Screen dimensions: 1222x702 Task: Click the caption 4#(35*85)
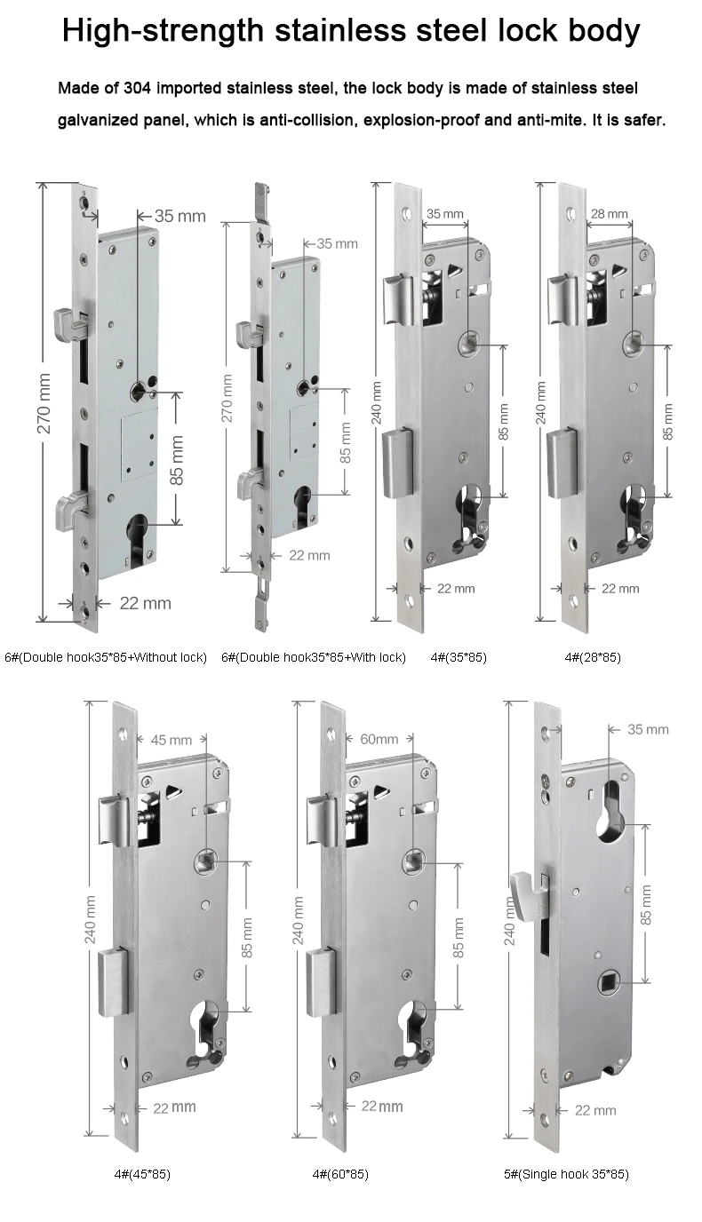(458, 657)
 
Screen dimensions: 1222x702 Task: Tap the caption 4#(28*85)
(593, 657)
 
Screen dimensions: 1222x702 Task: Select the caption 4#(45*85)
(142, 1174)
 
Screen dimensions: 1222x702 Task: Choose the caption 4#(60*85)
(340, 1174)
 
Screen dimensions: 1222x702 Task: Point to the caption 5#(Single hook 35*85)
(566, 1174)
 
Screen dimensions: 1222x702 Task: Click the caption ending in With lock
(313, 657)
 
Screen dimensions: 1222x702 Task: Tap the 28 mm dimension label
(610, 214)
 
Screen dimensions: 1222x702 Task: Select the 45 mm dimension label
(171, 739)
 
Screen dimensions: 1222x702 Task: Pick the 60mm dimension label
(379, 739)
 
